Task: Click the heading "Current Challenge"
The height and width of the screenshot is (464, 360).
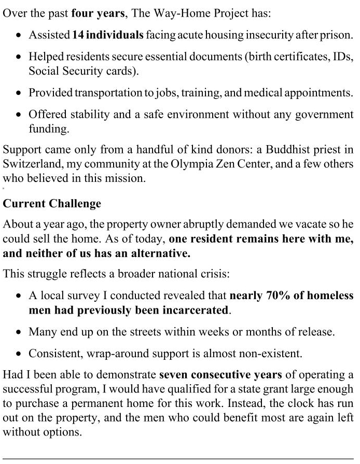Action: pyautogui.click(x=52, y=204)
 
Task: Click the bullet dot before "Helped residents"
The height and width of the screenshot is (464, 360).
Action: pyautogui.click(x=19, y=57)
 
